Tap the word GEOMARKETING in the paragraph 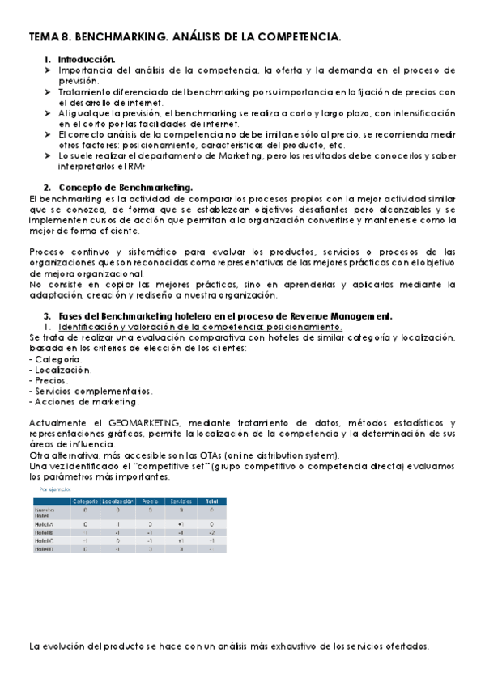click(137, 422)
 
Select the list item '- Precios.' click(49, 379)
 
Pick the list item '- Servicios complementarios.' click(90, 390)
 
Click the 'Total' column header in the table click(211, 502)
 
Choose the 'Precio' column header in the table click(151, 502)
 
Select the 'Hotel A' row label click(45, 524)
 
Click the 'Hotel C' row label click(45, 541)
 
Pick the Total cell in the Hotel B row click(211, 533)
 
